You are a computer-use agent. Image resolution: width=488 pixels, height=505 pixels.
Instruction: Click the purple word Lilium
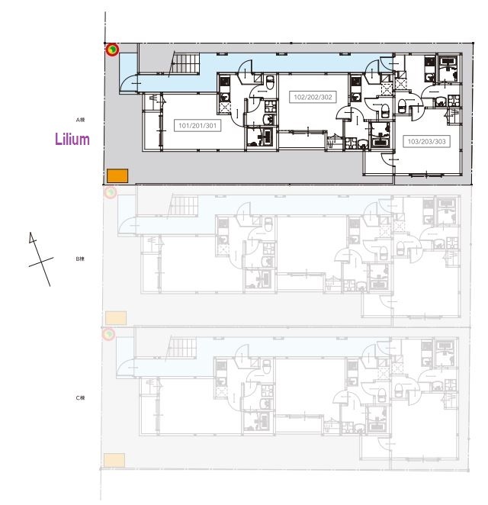[x=72, y=140]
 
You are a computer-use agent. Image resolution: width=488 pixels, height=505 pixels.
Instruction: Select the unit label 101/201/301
[x=198, y=126]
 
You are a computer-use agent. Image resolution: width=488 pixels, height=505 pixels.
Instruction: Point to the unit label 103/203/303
[x=427, y=141]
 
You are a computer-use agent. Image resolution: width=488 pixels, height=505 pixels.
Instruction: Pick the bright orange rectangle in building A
[x=117, y=175]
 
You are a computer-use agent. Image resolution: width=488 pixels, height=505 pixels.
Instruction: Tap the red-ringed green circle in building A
[x=112, y=50]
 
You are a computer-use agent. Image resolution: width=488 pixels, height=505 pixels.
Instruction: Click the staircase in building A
[x=183, y=63]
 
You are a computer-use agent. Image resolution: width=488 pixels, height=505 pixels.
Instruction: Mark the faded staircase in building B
[x=183, y=205]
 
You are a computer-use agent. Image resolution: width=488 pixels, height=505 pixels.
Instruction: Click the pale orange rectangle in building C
[x=114, y=459]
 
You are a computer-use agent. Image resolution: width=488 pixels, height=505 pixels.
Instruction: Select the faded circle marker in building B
[x=110, y=192]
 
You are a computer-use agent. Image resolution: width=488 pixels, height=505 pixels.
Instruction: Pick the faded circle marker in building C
[x=109, y=334]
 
